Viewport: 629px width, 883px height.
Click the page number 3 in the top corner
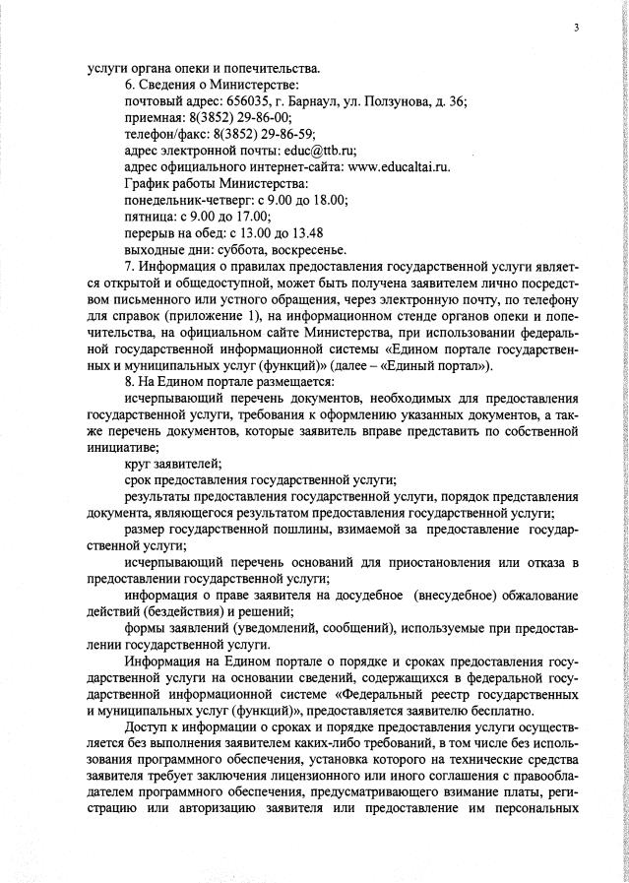576,28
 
